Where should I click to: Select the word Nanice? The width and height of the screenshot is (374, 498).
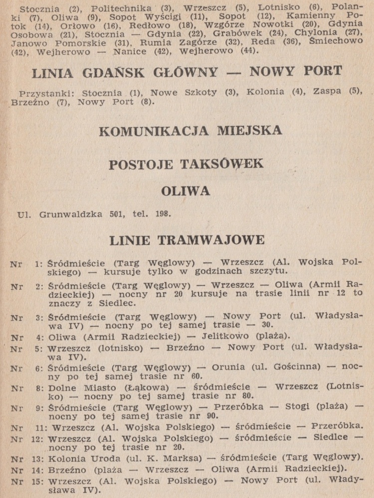[x=130, y=51]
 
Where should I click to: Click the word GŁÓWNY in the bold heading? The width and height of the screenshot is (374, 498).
[x=185, y=73]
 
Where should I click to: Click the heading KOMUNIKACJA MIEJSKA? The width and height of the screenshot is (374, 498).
[x=190, y=131]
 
